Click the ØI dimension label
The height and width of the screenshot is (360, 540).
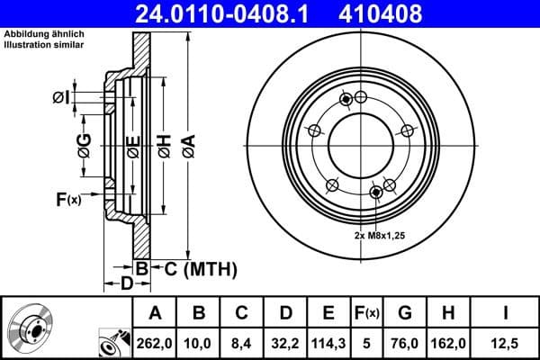point(59,97)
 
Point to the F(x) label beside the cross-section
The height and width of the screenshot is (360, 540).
point(68,199)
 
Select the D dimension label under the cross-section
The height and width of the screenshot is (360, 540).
point(127,283)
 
